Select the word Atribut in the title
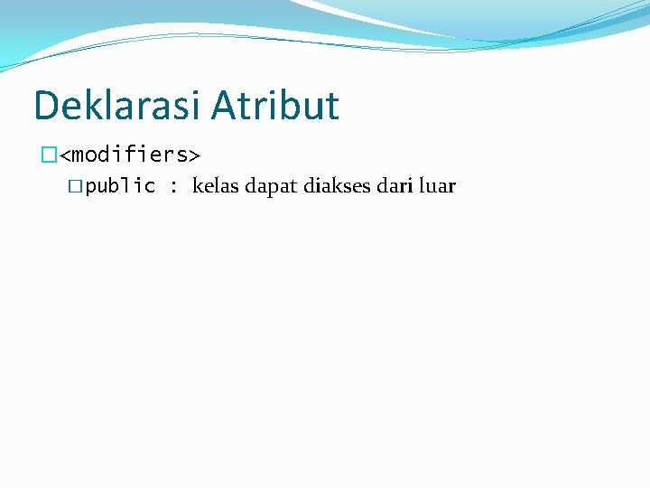tap(275, 106)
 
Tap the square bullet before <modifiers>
tap(49, 155)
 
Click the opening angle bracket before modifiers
tap(65, 155)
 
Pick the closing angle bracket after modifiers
tap(194, 155)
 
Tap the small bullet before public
tap(76, 187)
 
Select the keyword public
tap(120, 187)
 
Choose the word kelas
tap(216, 187)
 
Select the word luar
tap(437, 187)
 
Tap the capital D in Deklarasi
tap(45, 106)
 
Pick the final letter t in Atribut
tap(333, 107)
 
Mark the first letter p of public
tap(91, 188)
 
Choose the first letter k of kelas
tap(197, 187)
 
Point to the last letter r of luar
tap(451, 188)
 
